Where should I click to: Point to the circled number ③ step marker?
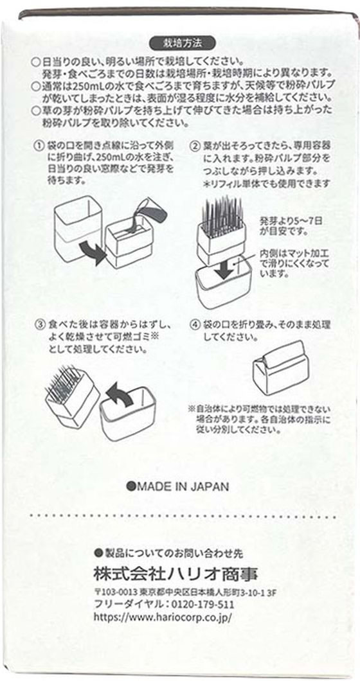[40, 324]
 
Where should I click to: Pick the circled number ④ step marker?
[195, 324]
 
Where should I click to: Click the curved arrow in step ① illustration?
[93, 252]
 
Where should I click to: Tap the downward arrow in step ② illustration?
[225, 269]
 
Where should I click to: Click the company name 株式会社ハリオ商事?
[175, 574]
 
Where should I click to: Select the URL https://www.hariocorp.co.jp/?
[163, 617]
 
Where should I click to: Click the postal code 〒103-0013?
[116, 592]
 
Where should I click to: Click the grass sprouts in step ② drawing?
[220, 211]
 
